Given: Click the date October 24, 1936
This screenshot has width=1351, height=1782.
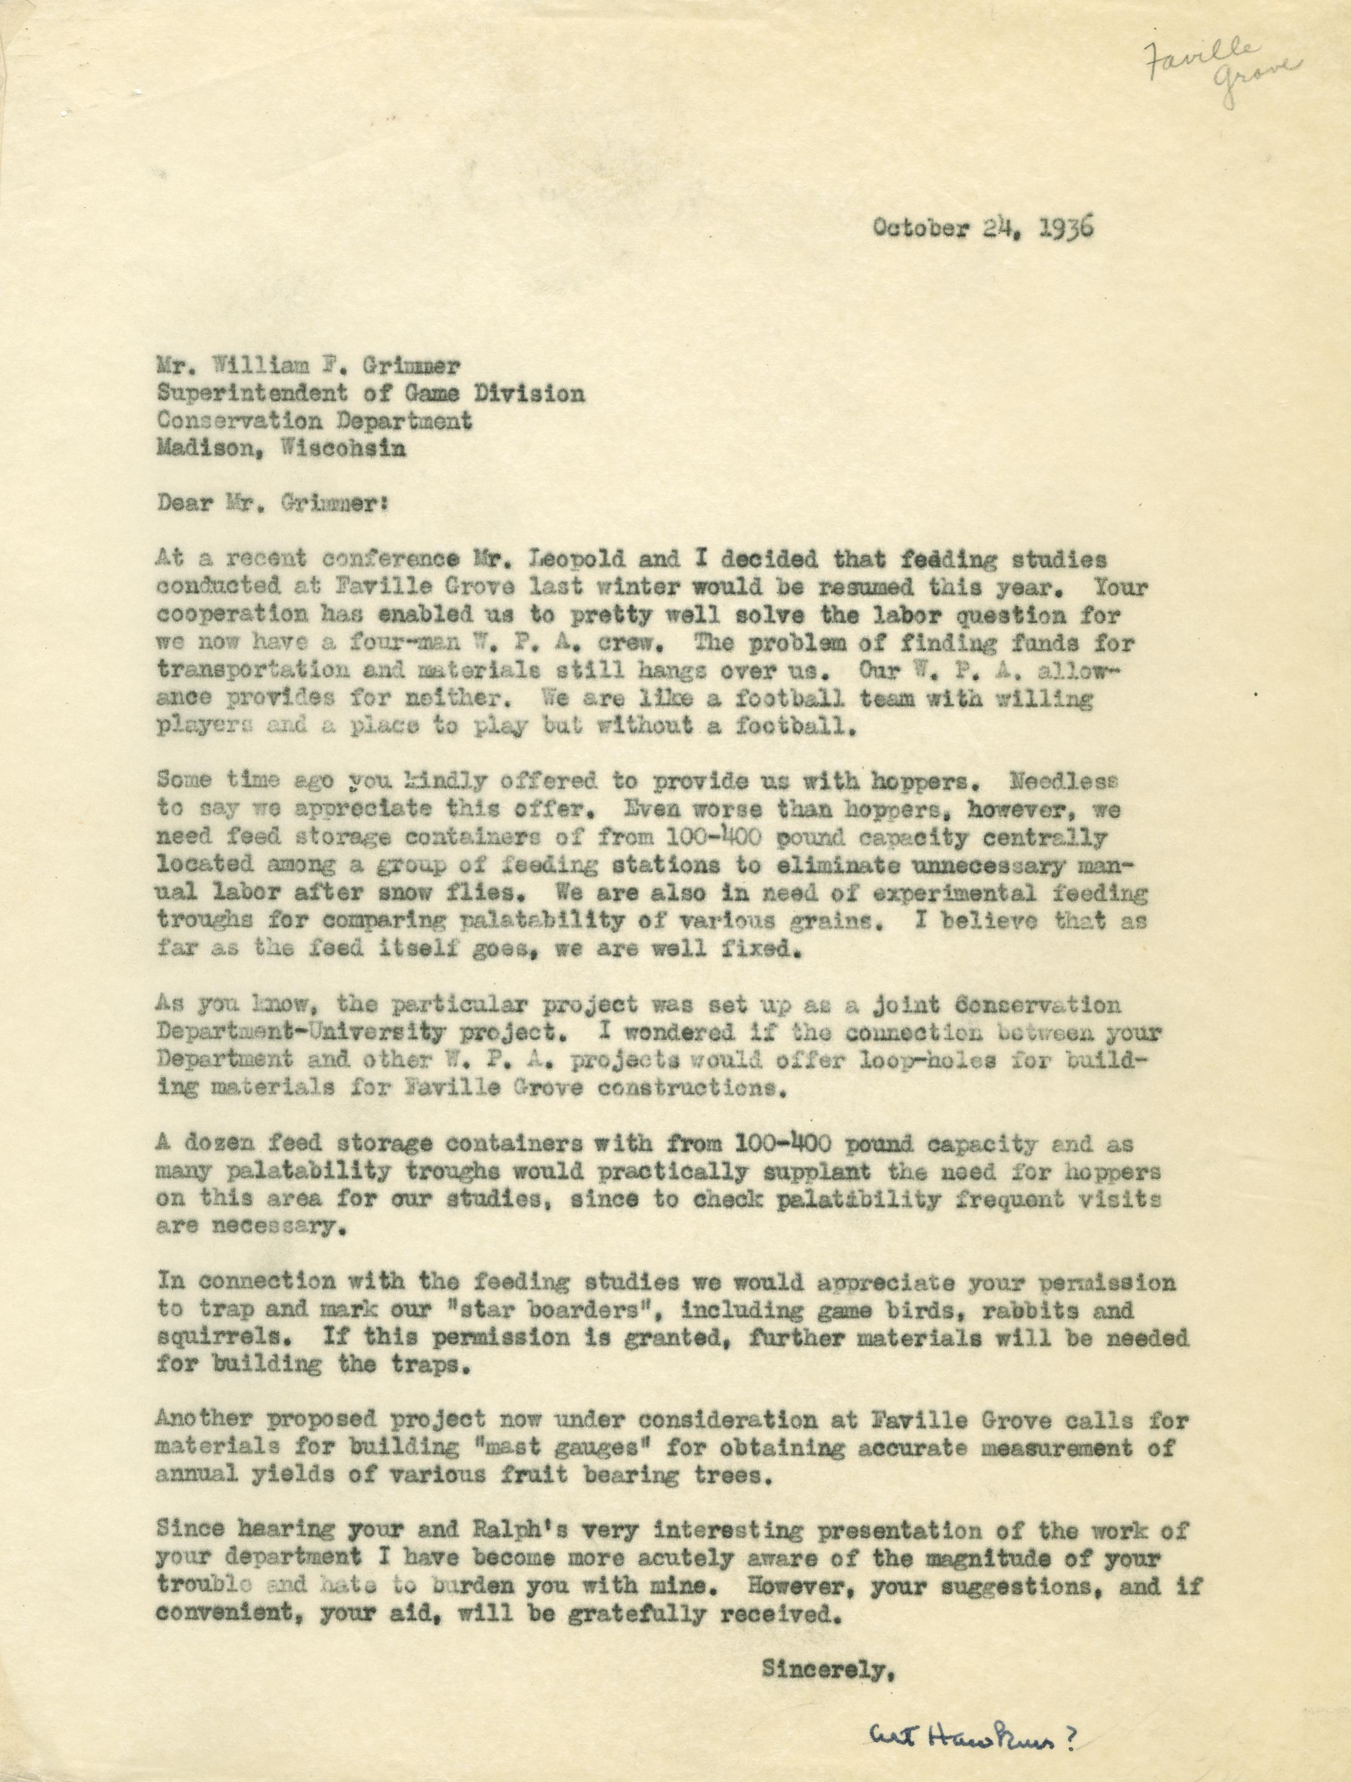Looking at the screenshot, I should click(982, 228).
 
